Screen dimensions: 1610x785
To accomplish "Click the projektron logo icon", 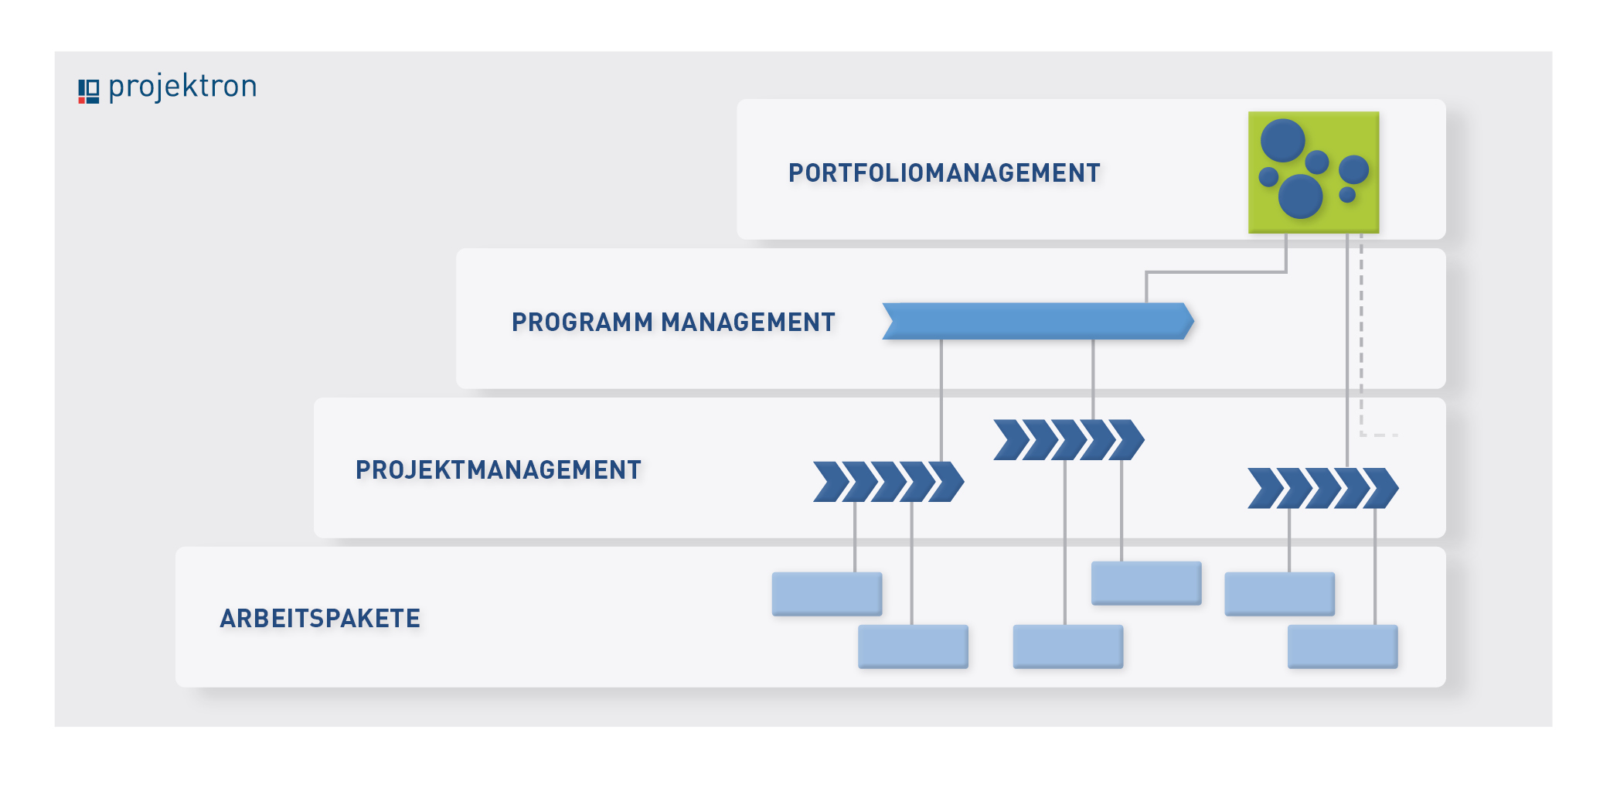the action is [88, 91].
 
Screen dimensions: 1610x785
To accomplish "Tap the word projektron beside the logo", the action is [182, 87].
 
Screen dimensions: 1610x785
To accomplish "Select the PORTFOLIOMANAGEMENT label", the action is [944, 173].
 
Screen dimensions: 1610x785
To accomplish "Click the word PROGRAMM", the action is [582, 322].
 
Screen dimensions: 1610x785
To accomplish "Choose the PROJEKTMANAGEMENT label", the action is [499, 470].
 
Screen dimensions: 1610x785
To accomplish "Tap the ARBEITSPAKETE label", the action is [320, 619].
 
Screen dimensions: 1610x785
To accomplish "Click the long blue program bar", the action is [1038, 321].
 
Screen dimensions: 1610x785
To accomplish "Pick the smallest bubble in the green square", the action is [1347, 195].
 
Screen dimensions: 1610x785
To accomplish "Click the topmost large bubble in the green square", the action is [1282, 140].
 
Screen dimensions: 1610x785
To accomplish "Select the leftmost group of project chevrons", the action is [889, 482].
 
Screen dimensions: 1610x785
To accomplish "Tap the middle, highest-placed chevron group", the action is [1069, 440].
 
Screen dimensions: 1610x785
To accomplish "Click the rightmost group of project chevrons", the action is [1323, 488].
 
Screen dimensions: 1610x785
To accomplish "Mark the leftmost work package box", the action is [827, 594].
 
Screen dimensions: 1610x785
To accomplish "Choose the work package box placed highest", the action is [1146, 583].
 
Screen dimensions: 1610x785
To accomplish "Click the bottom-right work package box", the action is [1343, 647].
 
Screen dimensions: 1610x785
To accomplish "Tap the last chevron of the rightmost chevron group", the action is [1380, 488].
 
